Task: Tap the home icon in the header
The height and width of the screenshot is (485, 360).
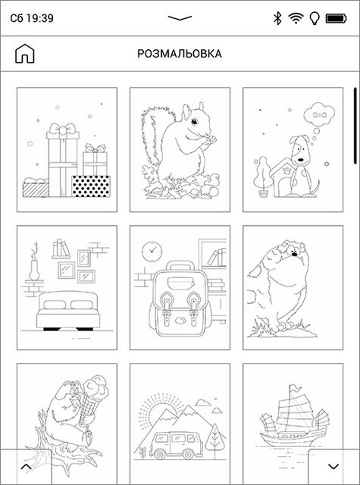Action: pos(25,54)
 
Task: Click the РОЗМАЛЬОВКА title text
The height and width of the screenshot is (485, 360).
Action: pos(180,54)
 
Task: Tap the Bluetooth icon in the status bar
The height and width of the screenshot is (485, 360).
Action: pos(277,18)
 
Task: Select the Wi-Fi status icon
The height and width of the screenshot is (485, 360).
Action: pos(296,18)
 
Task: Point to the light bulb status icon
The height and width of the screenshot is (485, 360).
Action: pos(315,18)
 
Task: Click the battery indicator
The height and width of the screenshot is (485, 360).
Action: pos(337,18)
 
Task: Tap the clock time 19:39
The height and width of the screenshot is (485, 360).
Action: pos(39,18)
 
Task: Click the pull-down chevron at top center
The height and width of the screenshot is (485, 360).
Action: pos(180,18)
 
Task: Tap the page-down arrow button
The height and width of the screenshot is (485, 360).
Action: pos(333,467)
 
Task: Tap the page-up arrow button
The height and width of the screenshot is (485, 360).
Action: pos(26,467)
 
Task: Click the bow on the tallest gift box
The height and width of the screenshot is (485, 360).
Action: pos(63,128)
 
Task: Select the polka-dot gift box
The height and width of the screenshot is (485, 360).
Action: pos(91,186)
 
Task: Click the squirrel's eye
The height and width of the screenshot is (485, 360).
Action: pos(194,121)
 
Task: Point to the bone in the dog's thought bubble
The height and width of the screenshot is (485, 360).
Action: pos(318,115)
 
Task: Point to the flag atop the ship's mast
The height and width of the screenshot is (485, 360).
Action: pos(295,387)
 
